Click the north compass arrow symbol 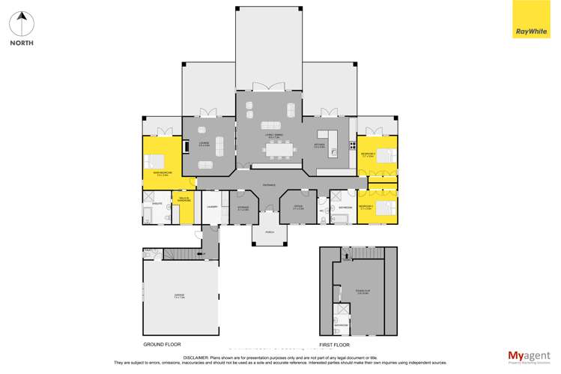(x=22, y=23)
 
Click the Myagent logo (x=529, y=357)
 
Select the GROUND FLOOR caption (x=163, y=344)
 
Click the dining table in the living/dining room (x=278, y=151)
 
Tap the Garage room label (x=181, y=298)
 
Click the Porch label (x=269, y=233)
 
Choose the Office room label (x=298, y=208)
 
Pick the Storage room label (x=243, y=208)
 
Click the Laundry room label (x=212, y=206)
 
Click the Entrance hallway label (x=269, y=185)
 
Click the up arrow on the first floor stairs (x=347, y=257)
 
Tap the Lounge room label (x=204, y=143)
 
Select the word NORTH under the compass (x=22, y=43)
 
